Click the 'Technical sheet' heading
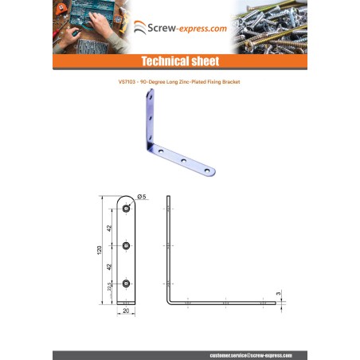180,61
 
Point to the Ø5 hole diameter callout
142,196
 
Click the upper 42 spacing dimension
112,226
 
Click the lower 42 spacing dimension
112,264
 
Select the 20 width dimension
127,313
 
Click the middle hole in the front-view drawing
127,245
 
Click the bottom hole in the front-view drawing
127,283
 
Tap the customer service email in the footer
251,354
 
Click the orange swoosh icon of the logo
139,28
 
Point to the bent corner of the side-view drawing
170,302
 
